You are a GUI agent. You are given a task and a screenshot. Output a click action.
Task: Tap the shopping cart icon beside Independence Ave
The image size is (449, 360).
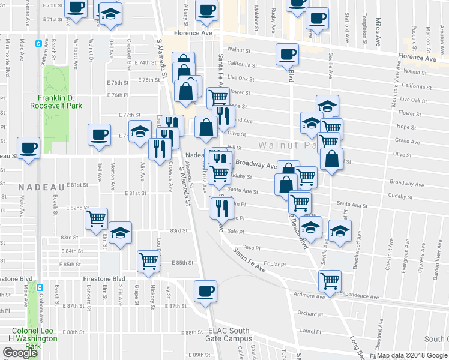(x=330, y=280)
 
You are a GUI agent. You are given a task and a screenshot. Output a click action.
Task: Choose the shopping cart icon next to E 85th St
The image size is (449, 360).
(x=148, y=260)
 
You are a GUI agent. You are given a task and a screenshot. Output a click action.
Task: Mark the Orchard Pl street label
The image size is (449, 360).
(x=310, y=313)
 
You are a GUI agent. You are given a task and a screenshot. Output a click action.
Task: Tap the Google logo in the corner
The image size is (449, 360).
(x=20, y=353)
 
